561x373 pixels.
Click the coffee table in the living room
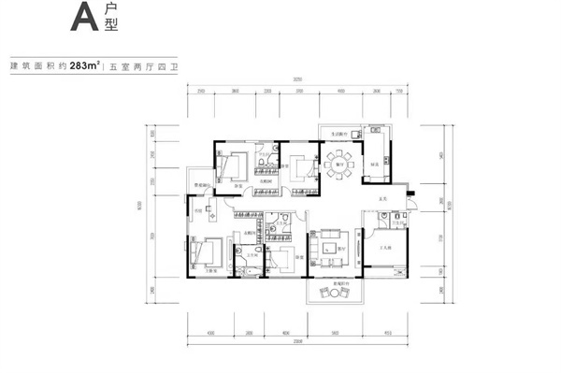[x=328, y=245]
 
